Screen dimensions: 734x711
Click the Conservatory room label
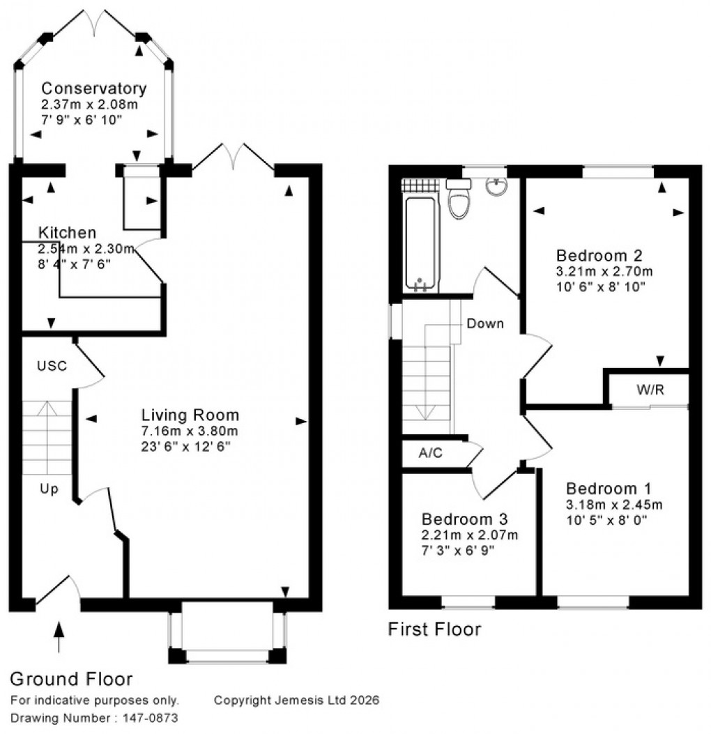[x=93, y=89]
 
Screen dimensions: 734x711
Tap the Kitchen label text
[x=67, y=233]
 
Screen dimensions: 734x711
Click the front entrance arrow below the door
[x=58, y=636]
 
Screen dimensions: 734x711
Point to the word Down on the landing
[x=485, y=323]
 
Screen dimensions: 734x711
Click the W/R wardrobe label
[x=650, y=390]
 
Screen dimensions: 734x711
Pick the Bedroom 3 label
[x=464, y=520]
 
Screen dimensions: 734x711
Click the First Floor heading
[x=434, y=630]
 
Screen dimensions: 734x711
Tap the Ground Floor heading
[x=71, y=679]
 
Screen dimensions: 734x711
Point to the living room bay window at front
[x=227, y=631]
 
